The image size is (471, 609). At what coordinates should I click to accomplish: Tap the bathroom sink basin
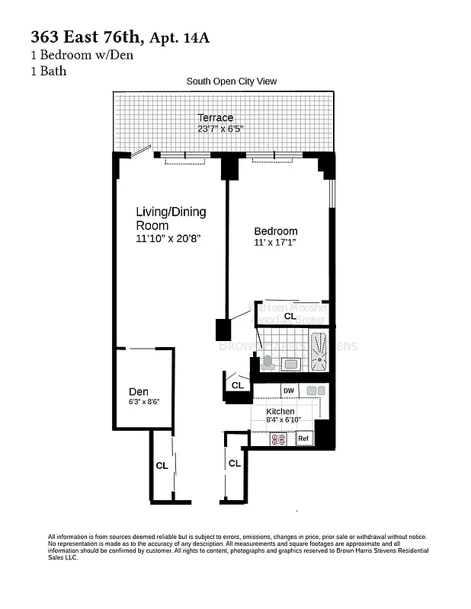pos(290,364)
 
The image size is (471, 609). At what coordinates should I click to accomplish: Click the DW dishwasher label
pos(288,391)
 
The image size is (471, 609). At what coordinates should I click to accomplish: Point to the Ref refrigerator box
pos(303,439)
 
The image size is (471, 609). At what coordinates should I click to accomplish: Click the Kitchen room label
pos(280,411)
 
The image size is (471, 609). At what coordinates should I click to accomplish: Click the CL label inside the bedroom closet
pos(290,315)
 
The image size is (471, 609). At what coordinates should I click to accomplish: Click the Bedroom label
pos(275,231)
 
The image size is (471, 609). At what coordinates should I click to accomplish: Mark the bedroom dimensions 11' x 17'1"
pos(275,243)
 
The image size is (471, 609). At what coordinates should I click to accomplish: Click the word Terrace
pos(216,118)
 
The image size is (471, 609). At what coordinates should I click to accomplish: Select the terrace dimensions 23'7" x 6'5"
pos(220,129)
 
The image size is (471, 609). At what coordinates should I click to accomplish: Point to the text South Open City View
pos(232,81)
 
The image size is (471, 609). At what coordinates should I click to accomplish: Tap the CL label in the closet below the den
pos(162,464)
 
